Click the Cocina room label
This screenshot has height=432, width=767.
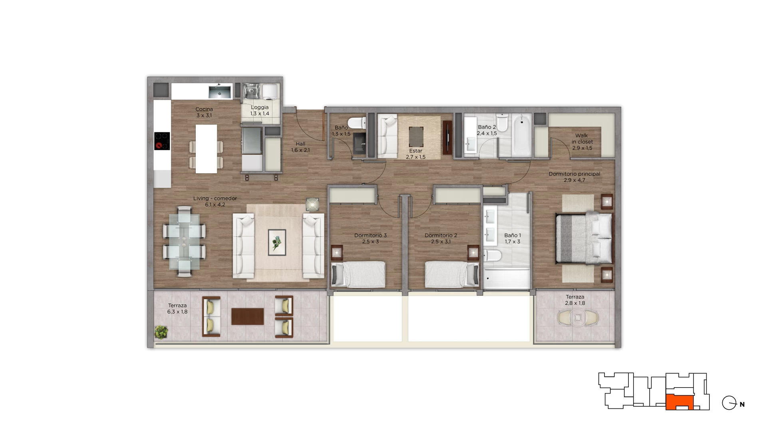coord(204,109)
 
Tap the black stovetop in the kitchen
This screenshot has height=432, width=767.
coord(162,141)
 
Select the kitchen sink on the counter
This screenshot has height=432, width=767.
coord(220,92)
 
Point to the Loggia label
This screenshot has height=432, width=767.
coord(260,107)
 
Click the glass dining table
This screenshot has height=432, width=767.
coord(184,241)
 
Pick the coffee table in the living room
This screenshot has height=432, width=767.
coord(277,242)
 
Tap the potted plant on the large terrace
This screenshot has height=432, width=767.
coord(161,332)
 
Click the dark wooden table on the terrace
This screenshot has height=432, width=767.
coord(248,316)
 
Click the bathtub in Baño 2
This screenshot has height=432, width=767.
coord(522,135)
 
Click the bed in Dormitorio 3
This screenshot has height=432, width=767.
coord(358,274)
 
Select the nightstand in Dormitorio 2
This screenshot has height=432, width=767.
coord(473,252)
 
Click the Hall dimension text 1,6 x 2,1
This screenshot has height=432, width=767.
coord(300,150)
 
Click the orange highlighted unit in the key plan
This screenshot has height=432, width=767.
coord(680,402)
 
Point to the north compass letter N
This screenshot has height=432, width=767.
coord(742,404)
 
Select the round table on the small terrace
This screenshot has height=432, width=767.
coord(578,318)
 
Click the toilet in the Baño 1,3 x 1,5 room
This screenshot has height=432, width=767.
coord(357,122)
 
